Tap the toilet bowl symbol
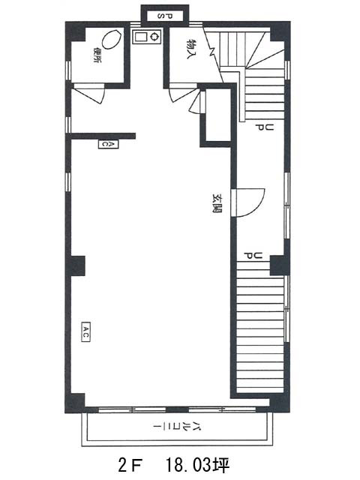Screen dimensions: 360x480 point(111,39)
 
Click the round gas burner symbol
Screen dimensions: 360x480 point(154,37)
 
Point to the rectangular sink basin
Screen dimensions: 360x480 point(140,37)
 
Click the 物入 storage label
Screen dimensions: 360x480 point(190,49)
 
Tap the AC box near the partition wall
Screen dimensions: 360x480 point(108,144)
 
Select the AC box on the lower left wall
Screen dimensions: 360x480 point(85,331)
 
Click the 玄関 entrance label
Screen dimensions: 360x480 point(217,203)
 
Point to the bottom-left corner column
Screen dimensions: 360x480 point(75,403)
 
